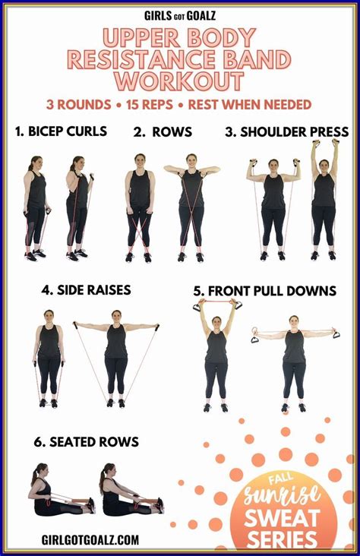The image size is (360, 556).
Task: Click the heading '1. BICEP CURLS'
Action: [x=61, y=131]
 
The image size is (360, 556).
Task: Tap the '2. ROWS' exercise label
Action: [x=161, y=131]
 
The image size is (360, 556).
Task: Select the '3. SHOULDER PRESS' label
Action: [x=286, y=131]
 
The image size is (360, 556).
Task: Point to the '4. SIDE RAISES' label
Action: [x=87, y=289]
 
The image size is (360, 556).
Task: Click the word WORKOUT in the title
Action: [x=180, y=81]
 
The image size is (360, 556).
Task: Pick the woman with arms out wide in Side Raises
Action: [x=116, y=357]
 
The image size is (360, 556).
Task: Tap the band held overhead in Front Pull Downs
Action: [x=217, y=303]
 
